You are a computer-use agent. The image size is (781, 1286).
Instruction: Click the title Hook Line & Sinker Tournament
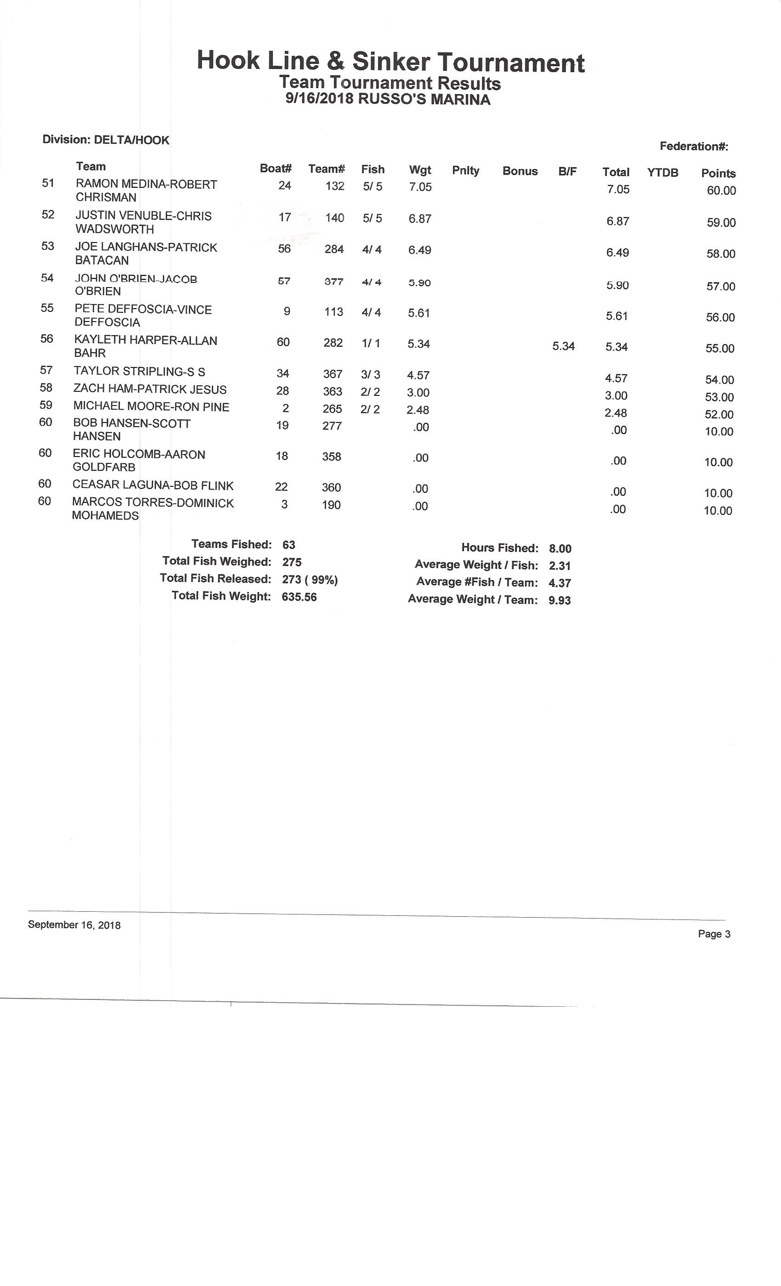390,62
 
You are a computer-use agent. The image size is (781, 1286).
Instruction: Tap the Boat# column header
276,168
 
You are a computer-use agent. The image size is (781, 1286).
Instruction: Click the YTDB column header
662,173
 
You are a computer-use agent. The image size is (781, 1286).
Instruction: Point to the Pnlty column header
465,170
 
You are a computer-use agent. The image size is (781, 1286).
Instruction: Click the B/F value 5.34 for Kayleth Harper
563,346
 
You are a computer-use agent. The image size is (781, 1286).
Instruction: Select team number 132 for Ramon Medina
334,186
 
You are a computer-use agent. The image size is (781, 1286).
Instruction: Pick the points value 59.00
721,223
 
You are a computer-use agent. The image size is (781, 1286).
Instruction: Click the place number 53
47,246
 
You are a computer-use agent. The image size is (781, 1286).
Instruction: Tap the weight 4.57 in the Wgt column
418,375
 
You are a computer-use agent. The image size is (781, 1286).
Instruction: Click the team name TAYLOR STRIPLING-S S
139,372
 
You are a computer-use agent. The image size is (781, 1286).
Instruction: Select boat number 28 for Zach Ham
283,391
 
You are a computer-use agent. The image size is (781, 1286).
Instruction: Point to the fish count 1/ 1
371,344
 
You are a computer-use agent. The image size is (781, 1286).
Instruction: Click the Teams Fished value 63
289,545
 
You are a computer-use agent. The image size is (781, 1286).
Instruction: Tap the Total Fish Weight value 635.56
299,597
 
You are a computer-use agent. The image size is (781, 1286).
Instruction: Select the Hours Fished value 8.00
560,548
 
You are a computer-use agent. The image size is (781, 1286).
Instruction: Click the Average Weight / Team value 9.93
559,600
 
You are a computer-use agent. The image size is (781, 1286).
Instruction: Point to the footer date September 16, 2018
74,925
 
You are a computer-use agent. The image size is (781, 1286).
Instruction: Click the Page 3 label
713,934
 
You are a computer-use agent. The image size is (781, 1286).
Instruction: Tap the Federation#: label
693,146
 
